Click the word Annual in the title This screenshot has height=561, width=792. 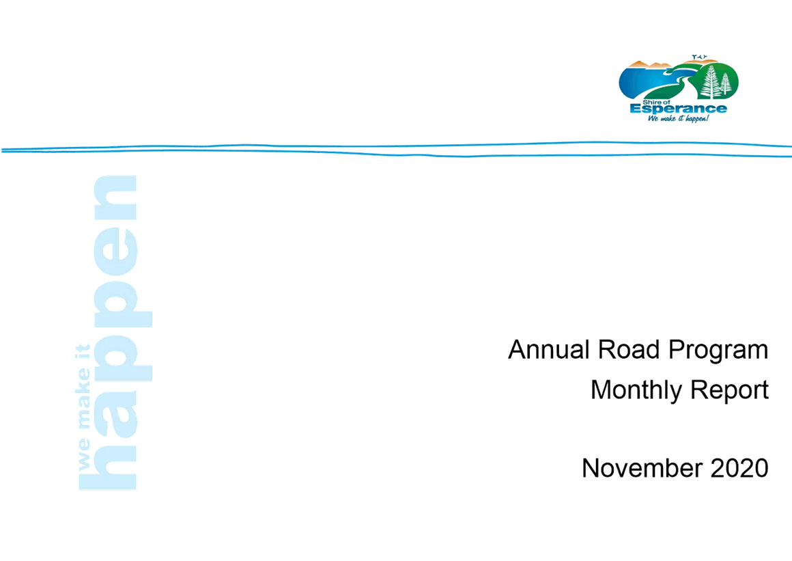(x=549, y=350)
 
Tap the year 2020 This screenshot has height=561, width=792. (x=739, y=468)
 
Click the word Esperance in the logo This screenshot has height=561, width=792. (x=679, y=109)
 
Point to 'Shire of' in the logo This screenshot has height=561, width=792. (x=656, y=102)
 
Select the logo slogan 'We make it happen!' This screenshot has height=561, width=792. (x=678, y=118)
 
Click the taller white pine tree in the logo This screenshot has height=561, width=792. (x=711, y=82)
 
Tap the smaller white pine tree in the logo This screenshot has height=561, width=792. (x=726, y=84)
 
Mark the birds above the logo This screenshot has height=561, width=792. (x=700, y=57)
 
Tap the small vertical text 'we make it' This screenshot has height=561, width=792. (x=83, y=407)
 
